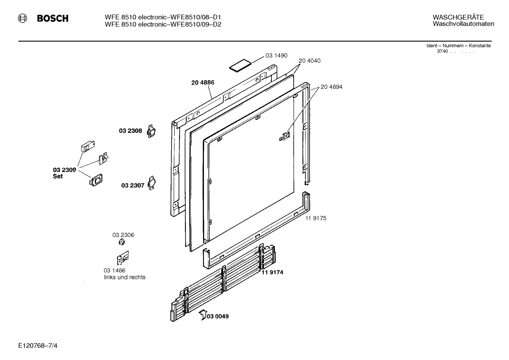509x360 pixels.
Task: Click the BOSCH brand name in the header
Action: pos(53,18)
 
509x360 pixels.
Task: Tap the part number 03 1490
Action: pos(276,55)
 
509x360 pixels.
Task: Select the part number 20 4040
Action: pos(310,61)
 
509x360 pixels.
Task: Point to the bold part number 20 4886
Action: pos(203,83)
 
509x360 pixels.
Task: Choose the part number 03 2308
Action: pos(130,131)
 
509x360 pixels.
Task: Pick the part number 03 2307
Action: pos(133,185)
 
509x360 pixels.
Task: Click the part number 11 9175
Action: pos(316,218)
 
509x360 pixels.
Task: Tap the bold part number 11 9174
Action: pos(272,272)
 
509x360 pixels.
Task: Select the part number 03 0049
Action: pos(218,316)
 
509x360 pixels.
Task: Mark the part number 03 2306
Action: pos(123,235)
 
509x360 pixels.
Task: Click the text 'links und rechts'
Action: pos(125,277)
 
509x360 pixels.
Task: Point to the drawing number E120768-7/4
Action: pos(38,346)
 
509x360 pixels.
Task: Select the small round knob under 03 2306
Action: pos(122,243)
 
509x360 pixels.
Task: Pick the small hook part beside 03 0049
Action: pos(203,314)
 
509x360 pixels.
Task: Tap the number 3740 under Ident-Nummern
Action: pos(442,51)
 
